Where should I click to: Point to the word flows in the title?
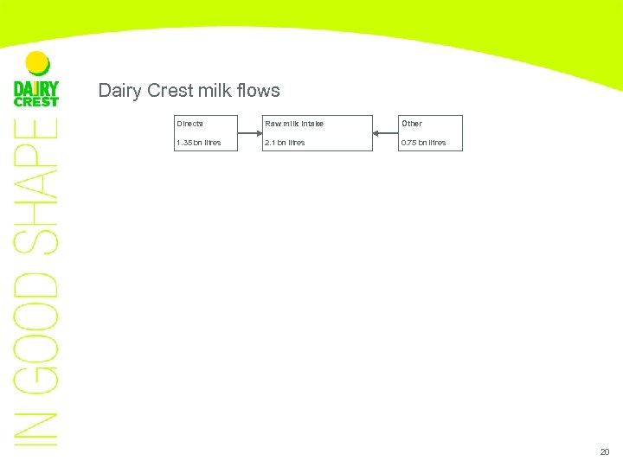pyautogui.click(x=259, y=91)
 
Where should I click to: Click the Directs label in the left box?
pyautogui.click(x=189, y=124)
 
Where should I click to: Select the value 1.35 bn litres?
pyautogui.click(x=198, y=143)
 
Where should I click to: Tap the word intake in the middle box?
pyautogui.click(x=311, y=124)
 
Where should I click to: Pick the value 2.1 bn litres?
pyautogui.click(x=285, y=143)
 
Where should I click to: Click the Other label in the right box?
pyautogui.click(x=411, y=124)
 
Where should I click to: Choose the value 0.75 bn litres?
pyautogui.click(x=423, y=143)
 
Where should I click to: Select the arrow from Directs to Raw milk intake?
pyautogui.click(x=251, y=133)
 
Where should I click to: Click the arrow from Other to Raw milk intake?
pyautogui.click(x=385, y=133)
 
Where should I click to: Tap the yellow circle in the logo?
pyautogui.click(x=37, y=62)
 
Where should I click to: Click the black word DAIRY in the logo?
pyautogui.click(x=36, y=88)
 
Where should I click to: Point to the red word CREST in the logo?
pyautogui.click(x=36, y=102)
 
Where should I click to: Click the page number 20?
pyautogui.click(x=604, y=452)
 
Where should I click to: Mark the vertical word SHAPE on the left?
pyautogui.click(x=37, y=186)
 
